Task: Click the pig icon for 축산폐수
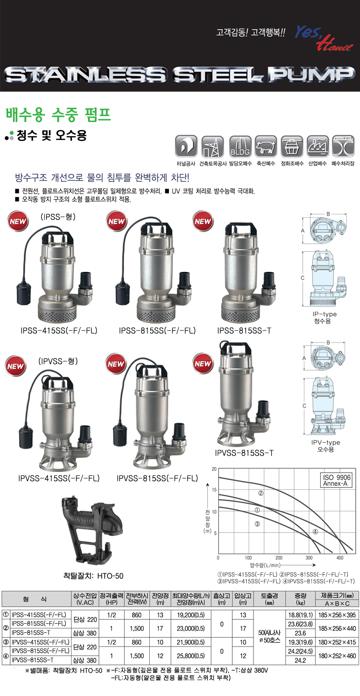tap(266, 146)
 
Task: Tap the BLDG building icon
tap(240, 146)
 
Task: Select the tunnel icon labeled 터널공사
tap(186, 146)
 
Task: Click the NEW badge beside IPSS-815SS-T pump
tap(203, 221)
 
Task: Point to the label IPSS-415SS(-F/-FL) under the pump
tap(59, 330)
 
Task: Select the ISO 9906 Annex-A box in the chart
tap(336, 480)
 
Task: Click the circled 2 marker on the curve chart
tap(261, 493)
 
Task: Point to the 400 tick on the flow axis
tap(340, 558)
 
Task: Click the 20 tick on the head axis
tap(214, 469)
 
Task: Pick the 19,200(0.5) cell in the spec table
tap(191, 615)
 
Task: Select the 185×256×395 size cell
tap(337, 615)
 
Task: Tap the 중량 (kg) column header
tap(300, 599)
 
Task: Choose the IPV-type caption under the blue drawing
tap(325, 442)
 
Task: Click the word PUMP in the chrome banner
tap(312, 74)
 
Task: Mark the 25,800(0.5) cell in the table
tap(191, 656)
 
